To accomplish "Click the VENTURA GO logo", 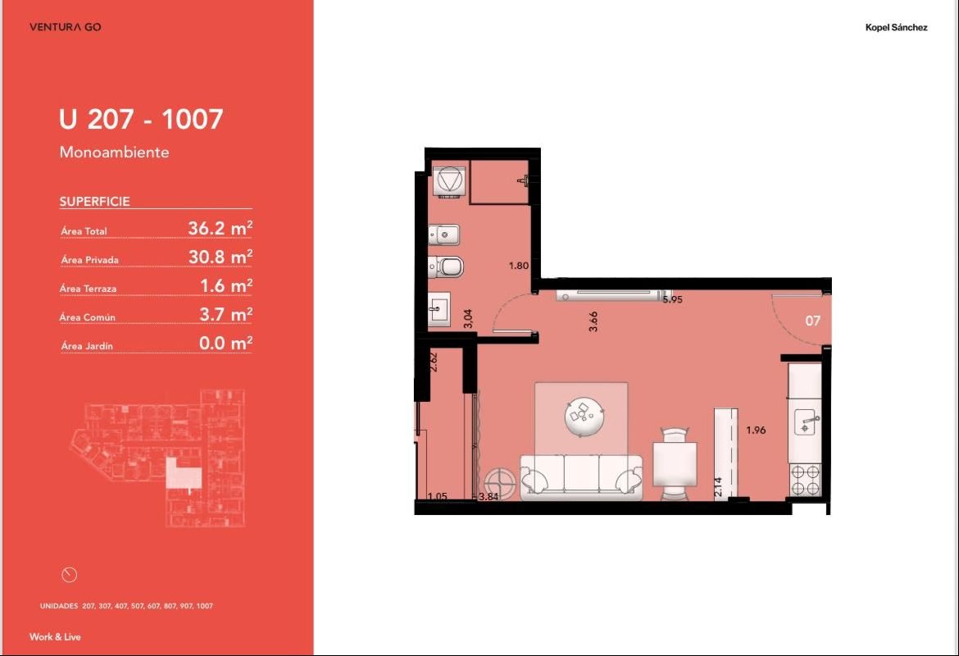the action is (66, 27).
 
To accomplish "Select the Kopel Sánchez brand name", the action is (896, 27).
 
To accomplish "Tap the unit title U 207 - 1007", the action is (141, 119).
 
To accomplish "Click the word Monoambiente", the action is (115, 152).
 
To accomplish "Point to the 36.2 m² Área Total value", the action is (220, 228).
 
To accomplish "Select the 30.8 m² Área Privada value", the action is (220, 257).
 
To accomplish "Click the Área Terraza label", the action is (88, 288).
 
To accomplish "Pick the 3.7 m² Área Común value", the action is (225, 314).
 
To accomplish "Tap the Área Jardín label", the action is (87, 346).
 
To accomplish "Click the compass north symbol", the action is (70, 575).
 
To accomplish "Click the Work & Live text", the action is (55, 636).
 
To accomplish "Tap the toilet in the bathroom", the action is (445, 266).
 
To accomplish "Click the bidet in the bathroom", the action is (443, 235).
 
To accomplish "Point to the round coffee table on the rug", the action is (584, 417).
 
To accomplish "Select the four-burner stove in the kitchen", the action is (805, 480).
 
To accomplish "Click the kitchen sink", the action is (807, 423).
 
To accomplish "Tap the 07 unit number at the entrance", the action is (812, 321).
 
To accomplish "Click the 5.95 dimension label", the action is (673, 299).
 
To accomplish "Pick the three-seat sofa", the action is (581, 476).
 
